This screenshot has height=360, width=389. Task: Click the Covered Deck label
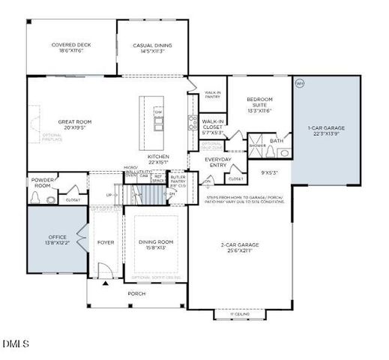(x=71, y=45)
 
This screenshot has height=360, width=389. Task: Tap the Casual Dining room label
(x=152, y=45)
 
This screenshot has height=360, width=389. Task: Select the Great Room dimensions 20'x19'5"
(x=74, y=127)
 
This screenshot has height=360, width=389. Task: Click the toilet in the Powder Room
(x=37, y=198)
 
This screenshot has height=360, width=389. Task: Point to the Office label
(x=56, y=237)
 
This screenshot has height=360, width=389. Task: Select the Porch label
(x=136, y=293)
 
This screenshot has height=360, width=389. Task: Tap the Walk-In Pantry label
(x=214, y=95)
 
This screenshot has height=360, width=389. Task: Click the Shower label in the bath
(x=258, y=145)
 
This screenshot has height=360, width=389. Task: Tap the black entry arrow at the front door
(x=106, y=285)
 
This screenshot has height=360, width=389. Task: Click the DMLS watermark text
(x=16, y=344)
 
